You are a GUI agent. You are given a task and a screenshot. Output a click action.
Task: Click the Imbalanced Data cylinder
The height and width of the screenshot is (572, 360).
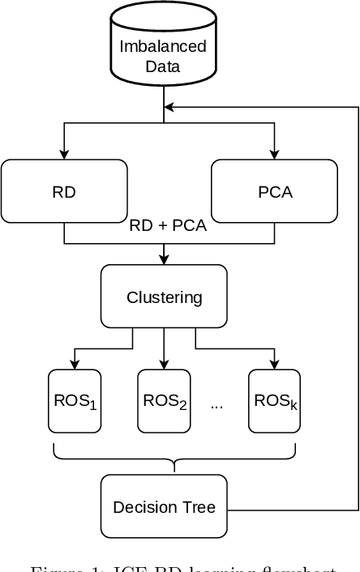point(163,49)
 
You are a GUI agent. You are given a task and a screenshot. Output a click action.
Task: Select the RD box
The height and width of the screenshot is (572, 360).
point(64,191)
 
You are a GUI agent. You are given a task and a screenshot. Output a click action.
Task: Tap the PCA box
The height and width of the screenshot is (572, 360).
point(274,191)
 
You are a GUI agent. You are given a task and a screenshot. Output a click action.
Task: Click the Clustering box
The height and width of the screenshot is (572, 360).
point(164,297)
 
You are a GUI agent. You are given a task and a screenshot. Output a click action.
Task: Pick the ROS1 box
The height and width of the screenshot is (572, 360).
point(75,401)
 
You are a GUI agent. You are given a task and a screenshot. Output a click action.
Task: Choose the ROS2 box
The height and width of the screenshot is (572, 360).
point(164,401)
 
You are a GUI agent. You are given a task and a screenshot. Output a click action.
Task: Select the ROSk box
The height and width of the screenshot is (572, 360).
point(274,401)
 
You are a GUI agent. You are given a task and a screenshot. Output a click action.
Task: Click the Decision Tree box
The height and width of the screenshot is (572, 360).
point(164,507)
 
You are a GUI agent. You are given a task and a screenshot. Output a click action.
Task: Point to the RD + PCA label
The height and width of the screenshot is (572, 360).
point(168,226)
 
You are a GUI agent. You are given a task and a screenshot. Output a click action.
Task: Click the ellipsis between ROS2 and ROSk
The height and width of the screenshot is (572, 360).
point(216,404)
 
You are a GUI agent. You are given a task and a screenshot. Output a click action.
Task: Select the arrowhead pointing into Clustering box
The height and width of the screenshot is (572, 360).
point(164,261)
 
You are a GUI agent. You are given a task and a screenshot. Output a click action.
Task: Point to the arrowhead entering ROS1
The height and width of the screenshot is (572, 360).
point(75,365)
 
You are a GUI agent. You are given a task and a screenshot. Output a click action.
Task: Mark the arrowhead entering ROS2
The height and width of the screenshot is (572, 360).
point(164,365)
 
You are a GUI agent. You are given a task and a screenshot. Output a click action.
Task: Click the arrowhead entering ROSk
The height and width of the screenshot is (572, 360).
point(274,365)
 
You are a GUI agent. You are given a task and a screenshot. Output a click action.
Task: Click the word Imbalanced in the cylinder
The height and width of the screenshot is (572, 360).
point(163,46)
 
